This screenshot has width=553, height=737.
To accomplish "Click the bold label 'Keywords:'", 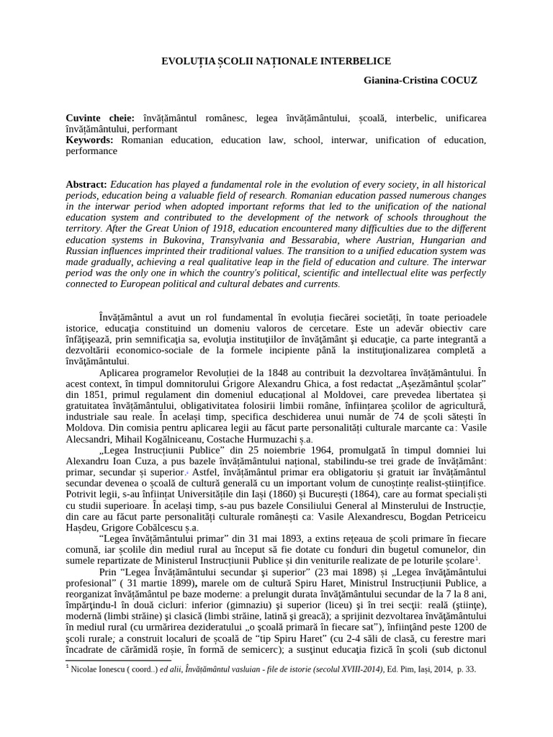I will pos(90,140).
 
